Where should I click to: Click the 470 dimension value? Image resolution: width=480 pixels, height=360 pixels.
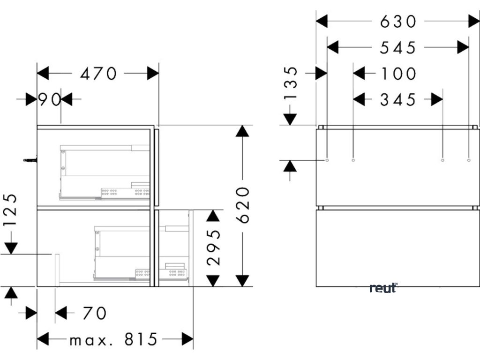[x=98, y=74]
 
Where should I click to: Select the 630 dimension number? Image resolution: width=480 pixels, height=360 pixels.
[x=398, y=21]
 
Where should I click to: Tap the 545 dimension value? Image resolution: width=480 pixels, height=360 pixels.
[x=398, y=47]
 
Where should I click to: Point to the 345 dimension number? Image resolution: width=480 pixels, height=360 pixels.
[x=398, y=99]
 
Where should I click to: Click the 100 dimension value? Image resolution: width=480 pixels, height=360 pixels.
[x=398, y=74]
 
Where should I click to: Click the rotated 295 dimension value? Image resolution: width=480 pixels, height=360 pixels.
[x=213, y=247]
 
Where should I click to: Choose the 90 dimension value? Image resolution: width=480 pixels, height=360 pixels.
[x=49, y=99]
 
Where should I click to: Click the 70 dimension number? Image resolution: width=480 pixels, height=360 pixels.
[x=94, y=313]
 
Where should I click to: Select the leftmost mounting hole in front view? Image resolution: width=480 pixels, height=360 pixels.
[x=327, y=160]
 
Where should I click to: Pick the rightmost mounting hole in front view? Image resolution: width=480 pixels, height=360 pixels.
[x=469, y=160]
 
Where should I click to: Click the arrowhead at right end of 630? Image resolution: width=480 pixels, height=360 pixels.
[x=473, y=21]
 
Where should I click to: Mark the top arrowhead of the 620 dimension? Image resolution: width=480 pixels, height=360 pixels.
[x=242, y=131]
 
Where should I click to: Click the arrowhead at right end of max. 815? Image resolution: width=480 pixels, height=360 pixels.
[x=188, y=338]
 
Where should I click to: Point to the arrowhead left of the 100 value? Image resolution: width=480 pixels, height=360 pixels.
[x=359, y=74]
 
